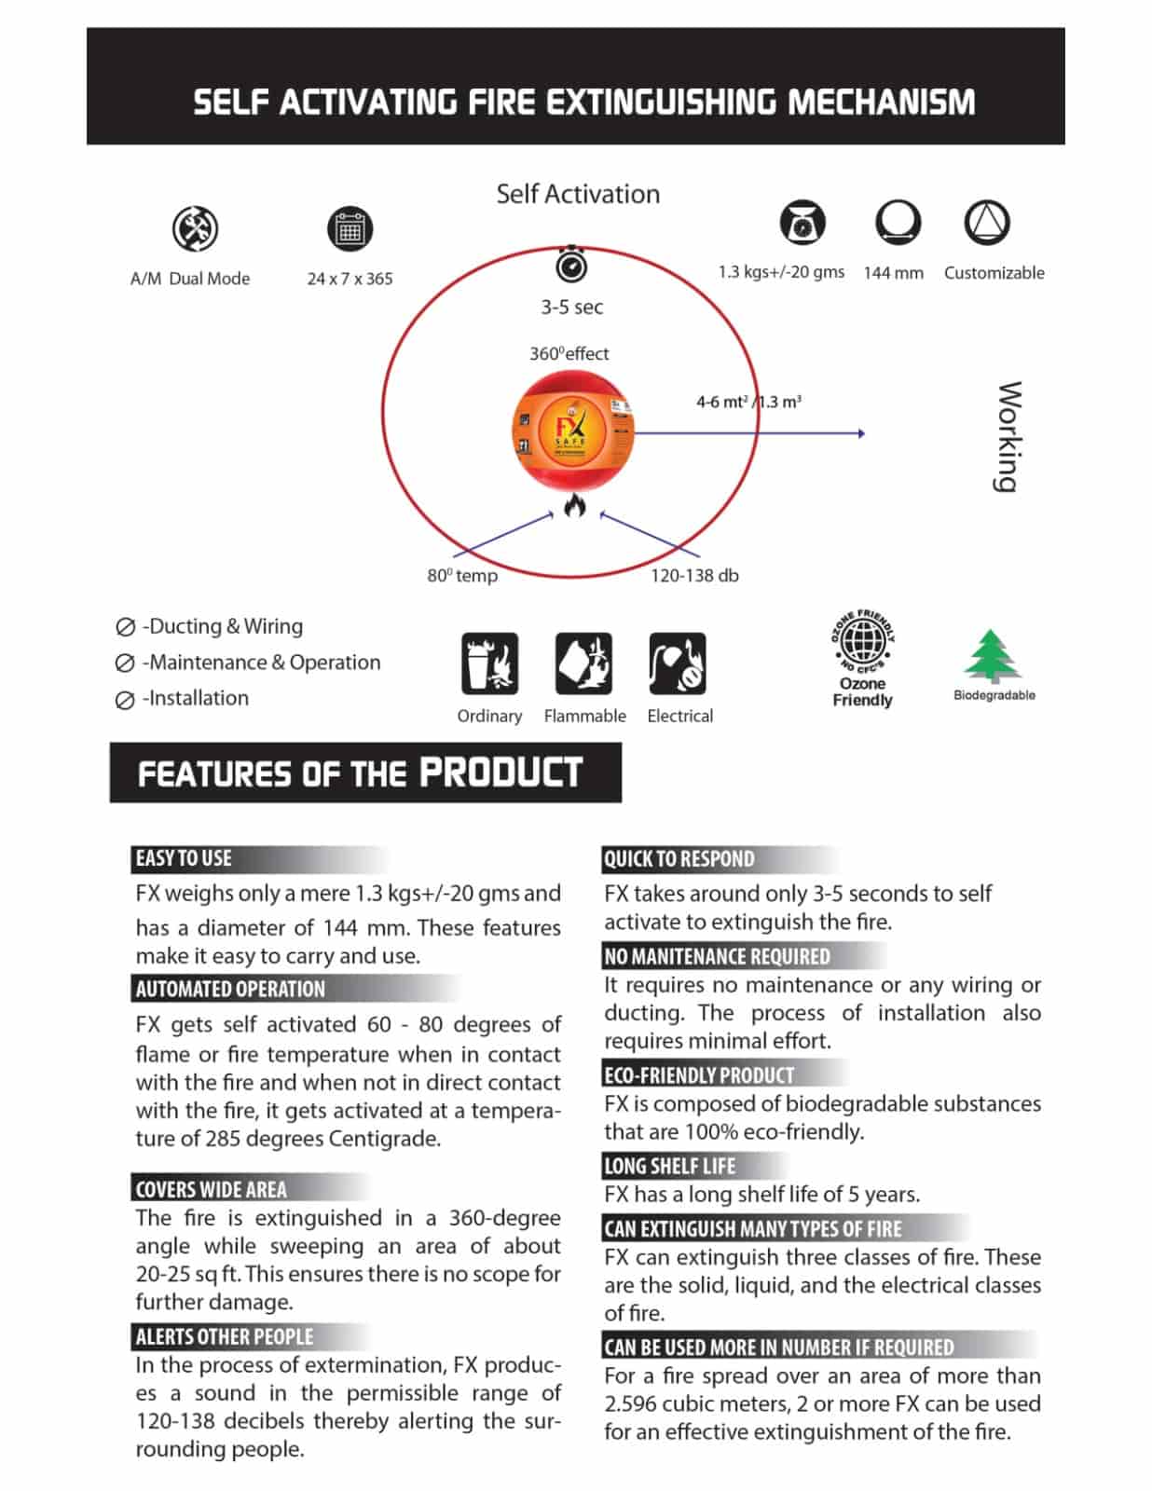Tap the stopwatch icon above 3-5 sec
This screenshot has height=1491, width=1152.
click(571, 266)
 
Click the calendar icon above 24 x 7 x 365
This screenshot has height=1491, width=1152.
click(350, 229)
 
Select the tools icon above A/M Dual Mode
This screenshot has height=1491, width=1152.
click(195, 228)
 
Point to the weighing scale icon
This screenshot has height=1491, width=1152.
click(802, 223)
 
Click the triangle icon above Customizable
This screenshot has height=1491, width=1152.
click(986, 223)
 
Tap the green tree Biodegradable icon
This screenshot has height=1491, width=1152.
click(991, 656)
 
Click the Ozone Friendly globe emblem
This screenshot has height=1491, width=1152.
click(862, 641)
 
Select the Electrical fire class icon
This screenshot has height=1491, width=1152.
click(678, 663)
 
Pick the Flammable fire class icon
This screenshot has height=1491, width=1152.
click(583, 663)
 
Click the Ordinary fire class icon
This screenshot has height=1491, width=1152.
click(489, 663)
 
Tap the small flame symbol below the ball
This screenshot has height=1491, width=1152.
click(574, 506)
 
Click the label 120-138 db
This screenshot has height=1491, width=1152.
click(694, 576)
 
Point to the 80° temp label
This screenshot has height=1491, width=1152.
click(462, 576)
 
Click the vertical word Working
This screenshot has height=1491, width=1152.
click(1008, 436)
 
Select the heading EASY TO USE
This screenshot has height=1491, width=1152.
click(184, 858)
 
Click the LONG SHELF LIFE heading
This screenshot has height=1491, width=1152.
click(669, 1166)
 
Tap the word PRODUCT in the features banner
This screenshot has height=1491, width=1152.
click(501, 773)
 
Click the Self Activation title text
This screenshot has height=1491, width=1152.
click(578, 194)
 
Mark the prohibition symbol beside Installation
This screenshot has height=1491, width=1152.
click(125, 700)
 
